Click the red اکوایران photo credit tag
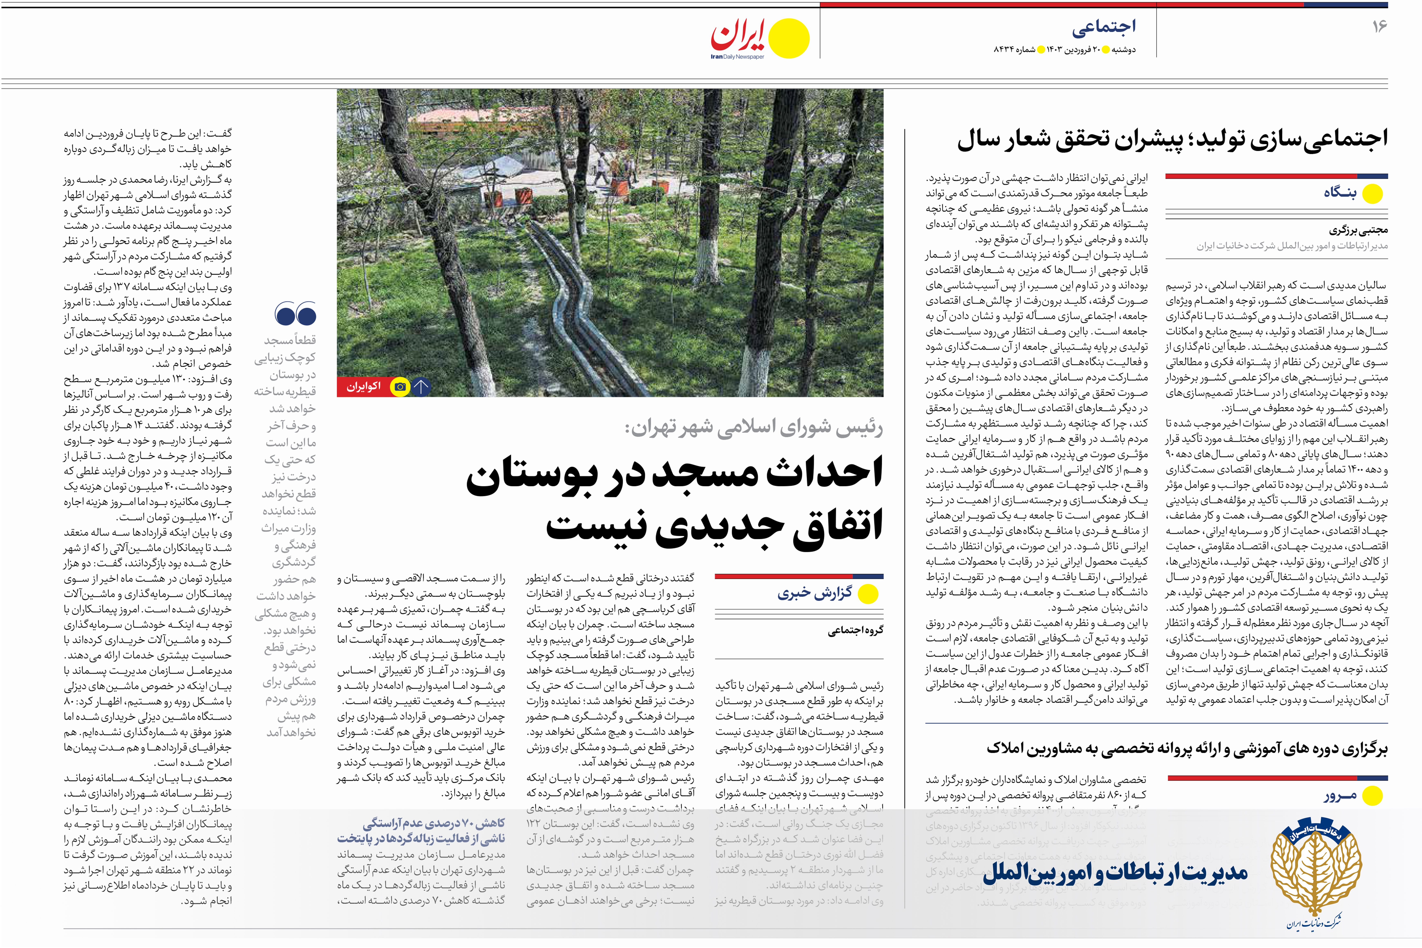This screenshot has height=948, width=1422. click(363, 386)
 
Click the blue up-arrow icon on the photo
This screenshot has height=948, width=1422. click(421, 386)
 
